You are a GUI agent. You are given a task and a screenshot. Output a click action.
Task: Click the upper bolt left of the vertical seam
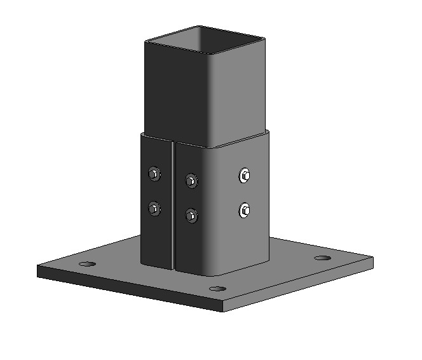pos(153,173)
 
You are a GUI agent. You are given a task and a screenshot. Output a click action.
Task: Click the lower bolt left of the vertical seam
pos(153,207)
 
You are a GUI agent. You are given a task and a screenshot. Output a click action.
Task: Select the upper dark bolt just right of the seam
pos(191,181)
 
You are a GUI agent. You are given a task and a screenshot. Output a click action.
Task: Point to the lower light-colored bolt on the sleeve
pos(245,209)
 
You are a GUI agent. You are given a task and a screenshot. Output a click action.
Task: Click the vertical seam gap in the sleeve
pos(174,204)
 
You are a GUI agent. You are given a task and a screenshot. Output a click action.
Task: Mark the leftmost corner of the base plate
pos(38,267)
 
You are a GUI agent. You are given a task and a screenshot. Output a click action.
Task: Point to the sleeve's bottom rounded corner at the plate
pos(214,272)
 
